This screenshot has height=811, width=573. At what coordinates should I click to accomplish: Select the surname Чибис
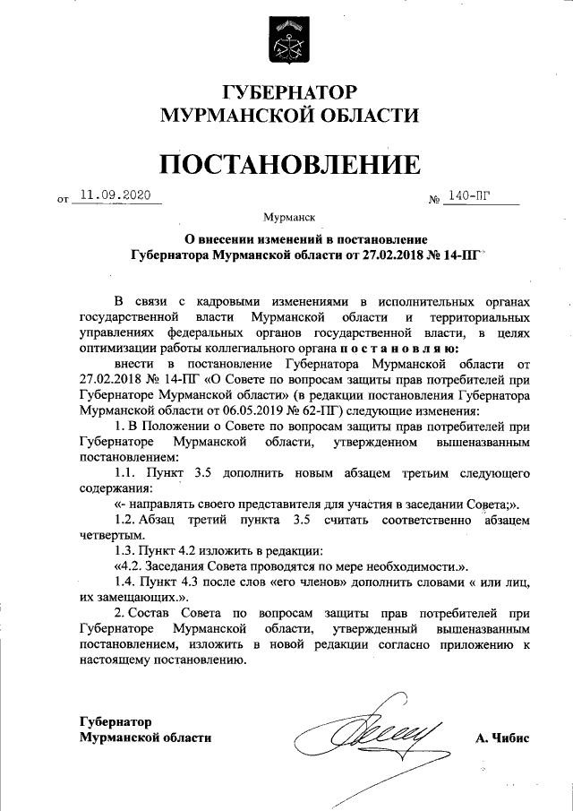point(510,738)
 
